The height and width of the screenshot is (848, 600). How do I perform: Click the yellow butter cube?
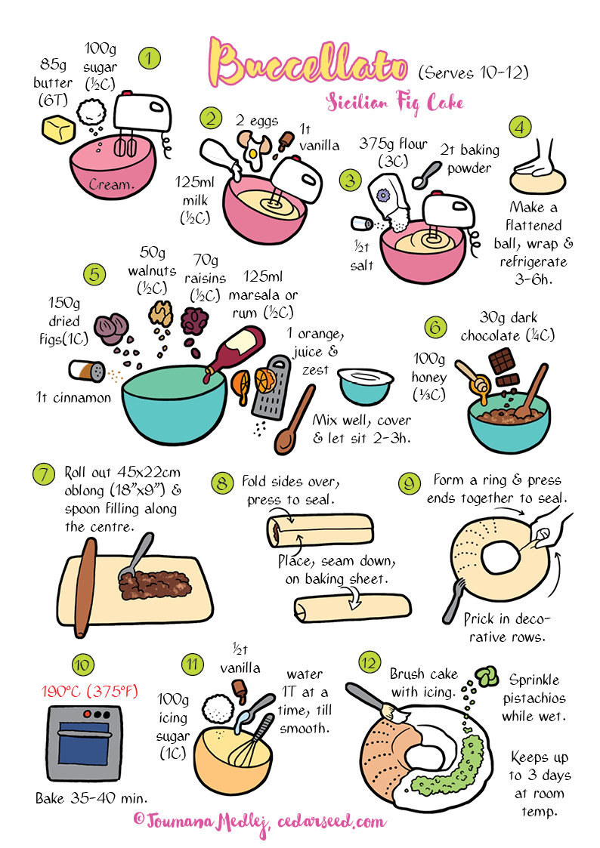58,129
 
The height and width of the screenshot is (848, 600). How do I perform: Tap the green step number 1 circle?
150,58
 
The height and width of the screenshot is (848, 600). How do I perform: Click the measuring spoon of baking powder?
427,175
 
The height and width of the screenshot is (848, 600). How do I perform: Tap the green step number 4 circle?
520,128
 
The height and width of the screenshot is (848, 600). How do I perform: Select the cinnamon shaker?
87,371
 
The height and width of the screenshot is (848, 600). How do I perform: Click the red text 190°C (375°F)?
90,691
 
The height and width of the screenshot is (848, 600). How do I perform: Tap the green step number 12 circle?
370,662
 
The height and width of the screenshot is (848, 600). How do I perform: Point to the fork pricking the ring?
454,601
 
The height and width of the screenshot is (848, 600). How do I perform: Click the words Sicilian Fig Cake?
395,103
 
